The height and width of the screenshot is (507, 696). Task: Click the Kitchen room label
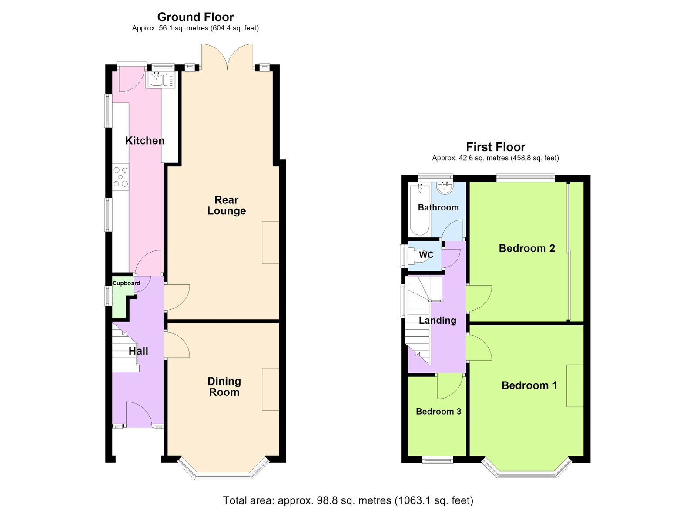click(x=145, y=141)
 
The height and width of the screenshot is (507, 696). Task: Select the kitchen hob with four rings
click(x=120, y=177)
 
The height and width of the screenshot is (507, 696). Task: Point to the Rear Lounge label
click(x=227, y=205)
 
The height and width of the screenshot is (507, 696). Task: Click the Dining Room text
click(x=224, y=387)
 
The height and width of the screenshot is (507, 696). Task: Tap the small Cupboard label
click(x=126, y=283)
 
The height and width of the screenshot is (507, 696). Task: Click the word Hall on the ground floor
click(x=138, y=351)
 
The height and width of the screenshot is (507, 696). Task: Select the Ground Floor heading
click(x=195, y=17)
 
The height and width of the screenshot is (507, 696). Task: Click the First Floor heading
click(x=495, y=147)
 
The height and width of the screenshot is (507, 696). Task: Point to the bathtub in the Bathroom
click(x=419, y=210)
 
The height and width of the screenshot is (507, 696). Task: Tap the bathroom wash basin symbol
click(x=445, y=188)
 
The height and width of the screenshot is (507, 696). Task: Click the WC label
click(x=426, y=255)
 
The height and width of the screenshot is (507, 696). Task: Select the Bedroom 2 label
click(x=527, y=248)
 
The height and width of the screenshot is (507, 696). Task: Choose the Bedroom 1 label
click(x=529, y=385)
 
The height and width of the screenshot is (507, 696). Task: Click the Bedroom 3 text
click(x=438, y=412)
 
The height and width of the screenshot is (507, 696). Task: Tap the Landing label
click(x=438, y=320)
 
